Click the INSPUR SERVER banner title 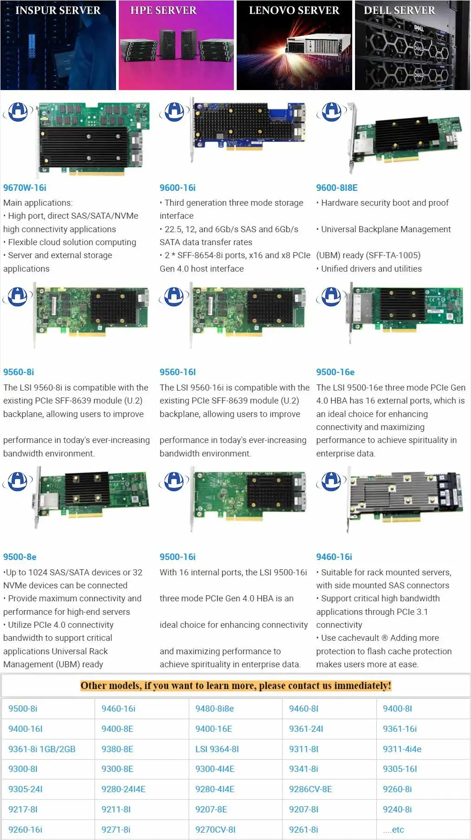[58, 10]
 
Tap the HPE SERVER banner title [163, 10]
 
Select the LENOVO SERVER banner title [294, 10]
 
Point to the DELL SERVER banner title [399, 10]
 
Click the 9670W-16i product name [25, 188]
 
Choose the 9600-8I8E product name [337, 188]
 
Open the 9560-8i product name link [19, 372]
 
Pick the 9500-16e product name [335, 372]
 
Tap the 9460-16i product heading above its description [334, 557]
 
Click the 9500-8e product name [19, 557]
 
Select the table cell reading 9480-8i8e [214, 709]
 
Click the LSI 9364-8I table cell [217, 749]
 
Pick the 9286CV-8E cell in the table [310, 789]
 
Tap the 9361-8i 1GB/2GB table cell [42, 749]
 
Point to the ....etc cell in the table [394, 829]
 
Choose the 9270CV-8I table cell [215, 829]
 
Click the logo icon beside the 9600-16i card [174, 112]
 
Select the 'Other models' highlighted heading [236, 685]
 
